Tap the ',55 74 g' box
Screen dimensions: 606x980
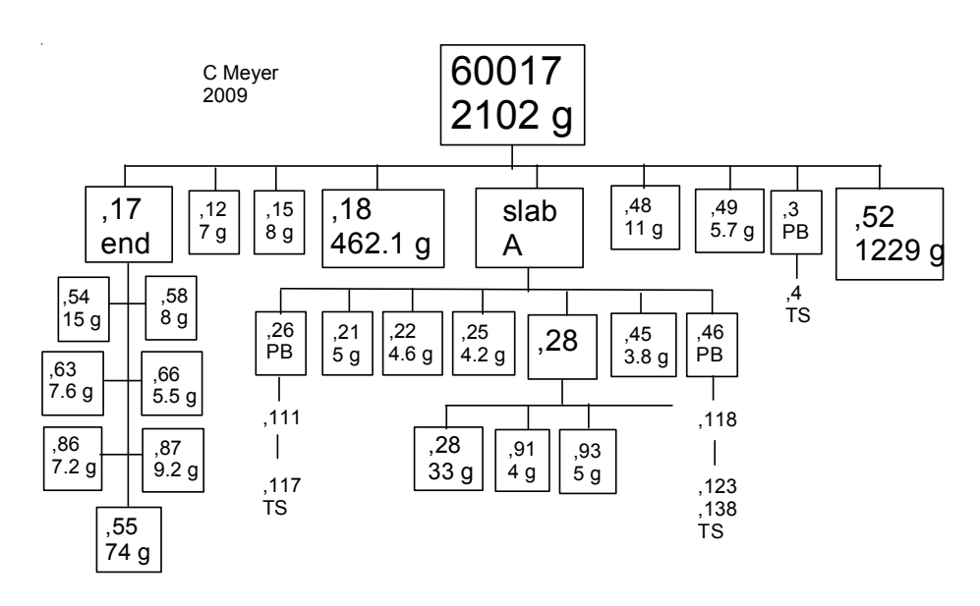click(127, 537)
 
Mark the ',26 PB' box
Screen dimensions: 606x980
click(280, 344)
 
